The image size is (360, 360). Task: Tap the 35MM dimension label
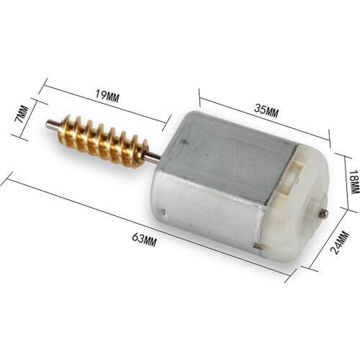point(267,110)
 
